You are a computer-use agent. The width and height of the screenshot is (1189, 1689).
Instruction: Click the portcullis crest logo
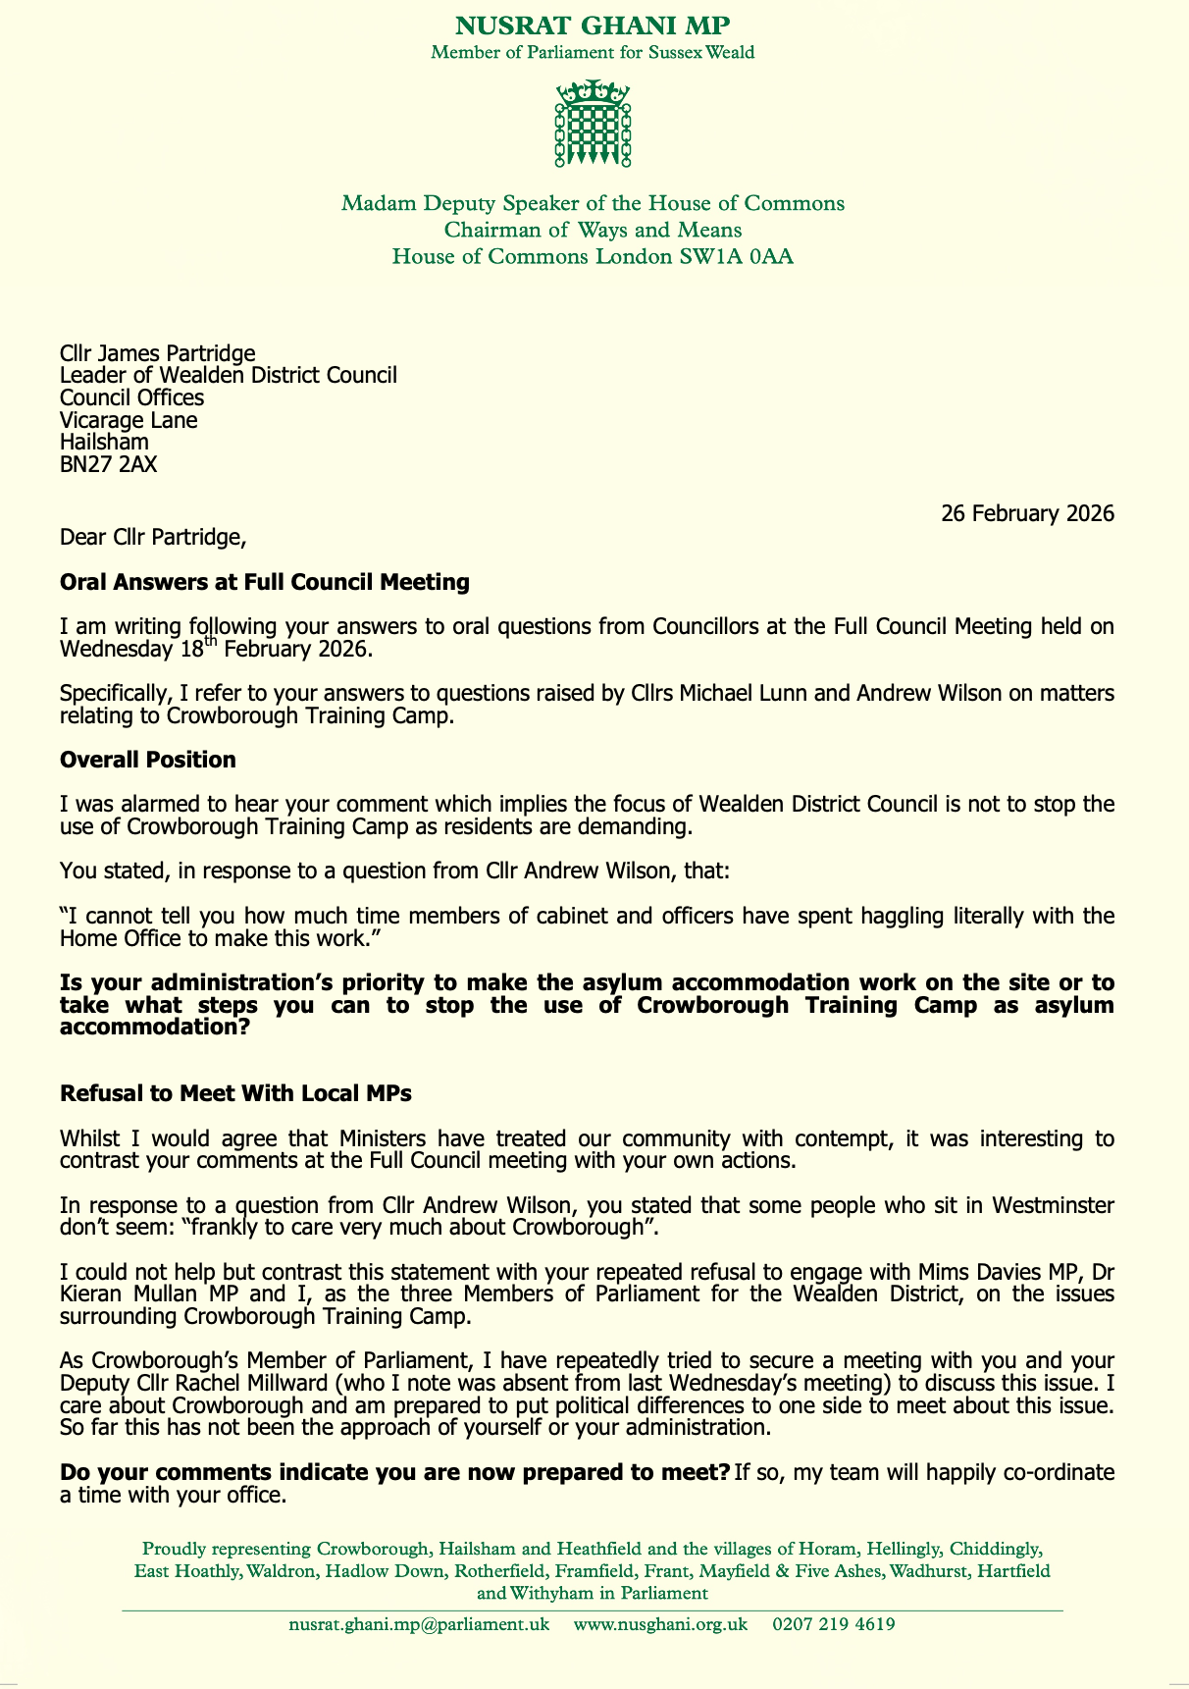[593, 123]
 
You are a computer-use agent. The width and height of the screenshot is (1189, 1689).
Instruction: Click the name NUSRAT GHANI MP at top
[593, 26]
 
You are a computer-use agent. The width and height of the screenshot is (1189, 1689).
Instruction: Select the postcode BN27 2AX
[108, 464]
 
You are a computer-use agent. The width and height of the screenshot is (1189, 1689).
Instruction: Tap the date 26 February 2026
[1027, 513]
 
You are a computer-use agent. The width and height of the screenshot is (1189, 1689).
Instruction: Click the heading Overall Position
[147, 760]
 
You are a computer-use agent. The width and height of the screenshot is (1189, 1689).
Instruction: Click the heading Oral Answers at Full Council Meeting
[264, 582]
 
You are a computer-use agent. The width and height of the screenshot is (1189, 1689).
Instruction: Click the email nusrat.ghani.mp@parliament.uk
[419, 1624]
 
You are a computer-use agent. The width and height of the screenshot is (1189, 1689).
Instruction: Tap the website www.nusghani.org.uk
[660, 1624]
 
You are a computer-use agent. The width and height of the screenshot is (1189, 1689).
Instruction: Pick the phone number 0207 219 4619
[833, 1624]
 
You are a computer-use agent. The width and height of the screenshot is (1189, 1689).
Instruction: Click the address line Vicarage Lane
[129, 420]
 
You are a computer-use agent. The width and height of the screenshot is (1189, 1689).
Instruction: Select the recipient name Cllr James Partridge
[158, 352]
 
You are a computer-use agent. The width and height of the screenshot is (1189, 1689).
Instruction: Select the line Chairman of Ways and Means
[593, 231]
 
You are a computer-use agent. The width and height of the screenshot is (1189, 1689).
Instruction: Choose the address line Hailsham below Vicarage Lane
[104, 442]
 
